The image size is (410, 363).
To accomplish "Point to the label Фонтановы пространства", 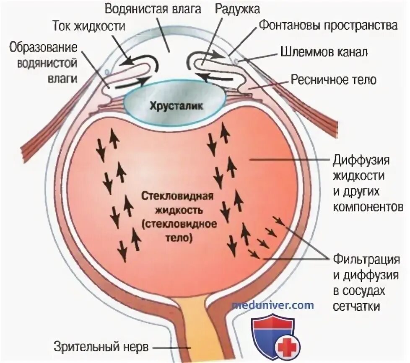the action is pyautogui.click(x=328, y=26).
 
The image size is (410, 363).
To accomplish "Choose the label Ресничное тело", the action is pyautogui.click(x=327, y=79).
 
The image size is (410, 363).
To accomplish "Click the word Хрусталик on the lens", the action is pyautogui.click(x=176, y=106).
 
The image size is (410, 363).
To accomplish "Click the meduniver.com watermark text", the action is pyautogui.click(x=273, y=305).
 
